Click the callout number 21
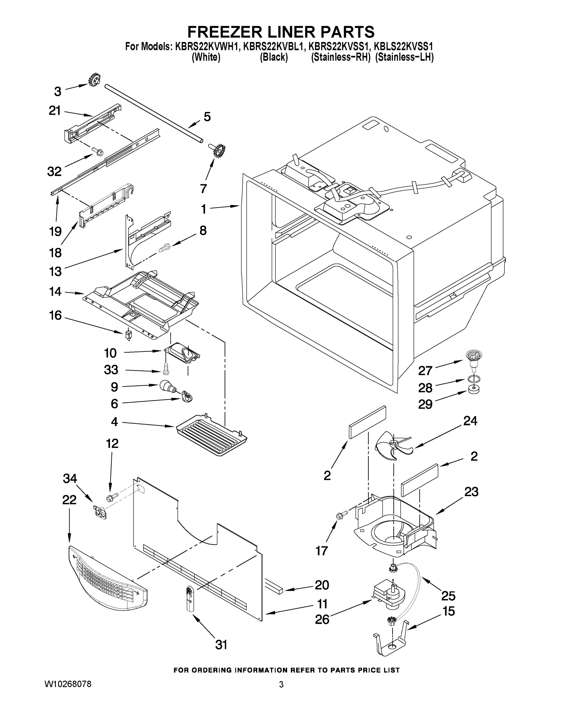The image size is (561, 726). tap(54, 111)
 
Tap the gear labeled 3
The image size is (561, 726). tap(94, 80)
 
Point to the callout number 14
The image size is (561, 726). tap(55, 292)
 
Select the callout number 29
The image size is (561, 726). tap(425, 404)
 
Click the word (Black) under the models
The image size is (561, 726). tap(273, 57)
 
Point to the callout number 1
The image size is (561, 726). tap(204, 209)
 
